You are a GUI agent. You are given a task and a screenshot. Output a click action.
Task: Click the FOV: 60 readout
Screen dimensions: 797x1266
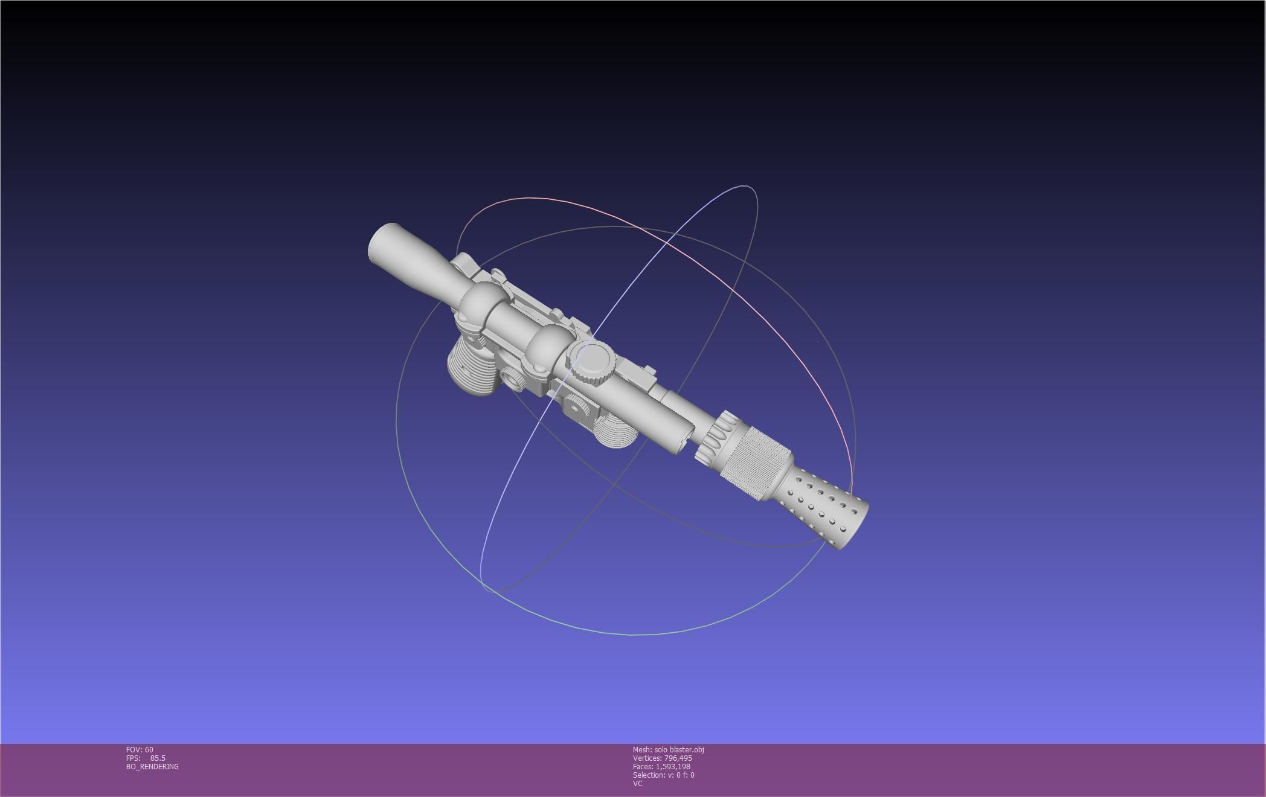[x=140, y=749]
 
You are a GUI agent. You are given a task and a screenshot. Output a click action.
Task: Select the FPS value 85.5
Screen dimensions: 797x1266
[x=158, y=758]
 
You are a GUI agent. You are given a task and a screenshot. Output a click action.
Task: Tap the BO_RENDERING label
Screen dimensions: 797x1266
[x=152, y=766]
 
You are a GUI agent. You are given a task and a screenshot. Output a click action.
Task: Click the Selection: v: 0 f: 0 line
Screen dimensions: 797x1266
[x=663, y=775]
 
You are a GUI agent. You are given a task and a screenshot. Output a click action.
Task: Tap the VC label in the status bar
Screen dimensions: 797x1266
[x=637, y=783]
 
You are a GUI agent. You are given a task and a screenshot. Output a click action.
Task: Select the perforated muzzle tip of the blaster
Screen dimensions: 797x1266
[x=827, y=510]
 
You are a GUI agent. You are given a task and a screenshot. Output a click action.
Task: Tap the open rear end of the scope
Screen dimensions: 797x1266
[x=382, y=242]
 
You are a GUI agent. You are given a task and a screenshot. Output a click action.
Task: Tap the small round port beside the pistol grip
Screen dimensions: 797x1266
[x=515, y=379]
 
